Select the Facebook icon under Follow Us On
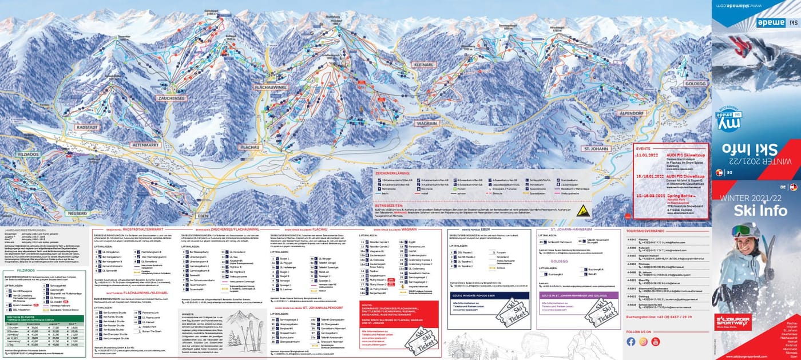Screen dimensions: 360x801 pos(631,342)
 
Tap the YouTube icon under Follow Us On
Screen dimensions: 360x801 pos(655,342)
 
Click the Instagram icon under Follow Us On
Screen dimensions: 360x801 pos(643,342)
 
